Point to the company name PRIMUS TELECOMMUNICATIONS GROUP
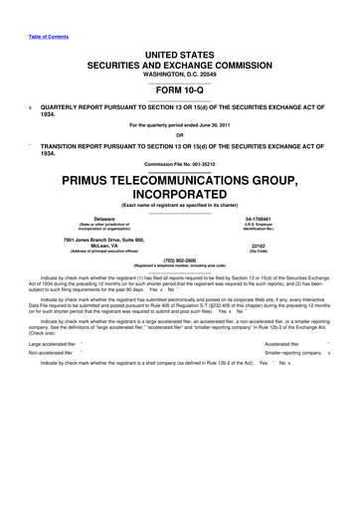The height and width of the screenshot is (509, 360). tap(179, 182)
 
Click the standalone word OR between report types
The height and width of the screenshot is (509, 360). tap(179, 135)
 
